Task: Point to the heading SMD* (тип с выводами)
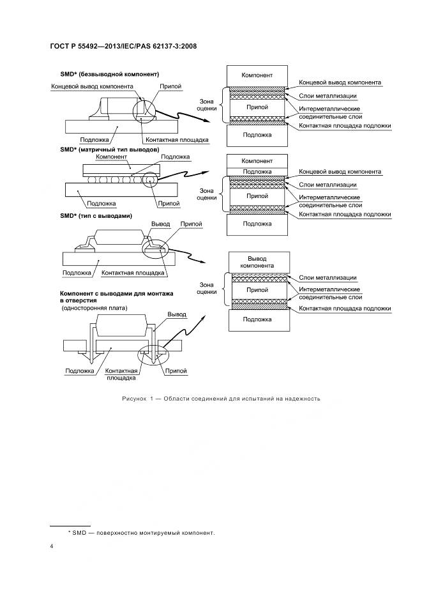pyautogui.click(x=96, y=216)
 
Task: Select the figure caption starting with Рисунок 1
pyautogui.click(x=220, y=399)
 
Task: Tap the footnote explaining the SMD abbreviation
pyautogui.click(x=141, y=532)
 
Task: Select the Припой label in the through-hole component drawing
pyautogui.click(x=175, y=370)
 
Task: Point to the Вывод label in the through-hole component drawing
pyautogui.click(x=176, y=314)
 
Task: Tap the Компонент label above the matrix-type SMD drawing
pyautogui.click(x=109, y=157)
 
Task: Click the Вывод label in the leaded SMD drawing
pyautogui.click(x=160, y=225)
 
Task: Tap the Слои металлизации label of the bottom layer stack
pyautogui.click(x=328, y=277)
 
